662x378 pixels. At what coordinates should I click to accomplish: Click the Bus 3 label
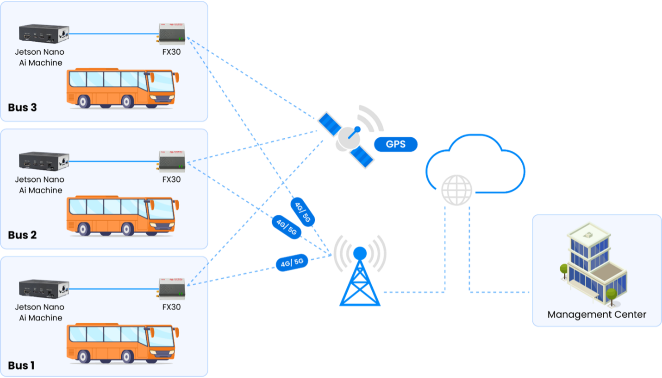click(x=22, y=108)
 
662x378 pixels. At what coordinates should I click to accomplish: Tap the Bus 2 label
click(x=22, y=235)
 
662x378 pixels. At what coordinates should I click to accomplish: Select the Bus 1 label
click(x=21, y=365)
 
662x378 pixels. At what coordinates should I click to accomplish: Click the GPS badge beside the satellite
click(x=396, y=144)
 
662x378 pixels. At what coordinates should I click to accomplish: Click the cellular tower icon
click(x=361, y=274)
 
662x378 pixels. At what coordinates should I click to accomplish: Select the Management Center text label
click(x=597, y=314)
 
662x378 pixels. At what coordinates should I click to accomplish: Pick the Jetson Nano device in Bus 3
click(x=44, y=33)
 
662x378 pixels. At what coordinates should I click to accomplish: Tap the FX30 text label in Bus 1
click(x=171, y=307)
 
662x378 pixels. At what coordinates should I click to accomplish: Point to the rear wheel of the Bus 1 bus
click(x=84, y=356)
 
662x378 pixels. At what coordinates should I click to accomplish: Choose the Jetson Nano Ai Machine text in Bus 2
click(x=39, y=185)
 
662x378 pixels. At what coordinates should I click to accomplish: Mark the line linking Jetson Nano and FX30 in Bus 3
click(x=113, y=34)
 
